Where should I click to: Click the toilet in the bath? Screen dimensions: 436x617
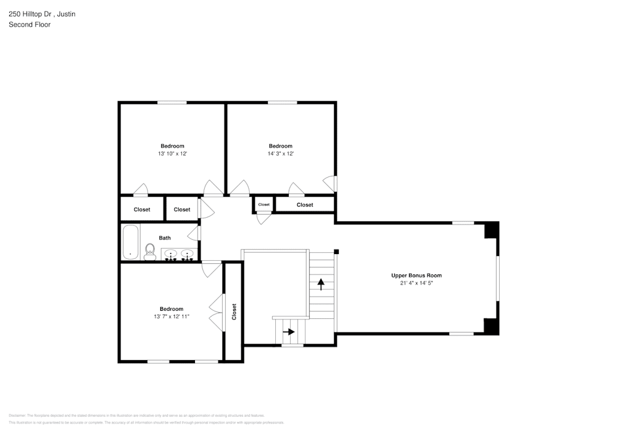149,251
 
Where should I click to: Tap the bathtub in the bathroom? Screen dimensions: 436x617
130,242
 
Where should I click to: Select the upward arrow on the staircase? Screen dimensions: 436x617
321,284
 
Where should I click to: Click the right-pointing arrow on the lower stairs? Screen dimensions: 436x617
288,332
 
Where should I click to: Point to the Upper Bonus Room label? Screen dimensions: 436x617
416,276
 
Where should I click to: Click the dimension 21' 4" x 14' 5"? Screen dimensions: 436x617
416,284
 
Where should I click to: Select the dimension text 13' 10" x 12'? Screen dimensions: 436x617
172,154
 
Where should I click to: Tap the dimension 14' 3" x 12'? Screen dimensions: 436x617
280,154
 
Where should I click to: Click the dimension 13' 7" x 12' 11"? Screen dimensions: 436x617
172,317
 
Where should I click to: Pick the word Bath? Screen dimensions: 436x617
165,238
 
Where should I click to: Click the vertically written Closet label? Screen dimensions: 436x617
234,311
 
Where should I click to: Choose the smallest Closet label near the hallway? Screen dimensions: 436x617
263,204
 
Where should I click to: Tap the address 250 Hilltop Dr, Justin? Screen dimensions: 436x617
42,14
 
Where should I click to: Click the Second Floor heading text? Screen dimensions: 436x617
30,25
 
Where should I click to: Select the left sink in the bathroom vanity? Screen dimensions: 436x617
171,253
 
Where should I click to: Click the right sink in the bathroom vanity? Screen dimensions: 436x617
188,253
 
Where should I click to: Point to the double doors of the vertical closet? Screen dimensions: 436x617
216,311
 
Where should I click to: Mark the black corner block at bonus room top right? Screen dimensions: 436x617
491,230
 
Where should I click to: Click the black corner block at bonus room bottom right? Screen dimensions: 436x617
491,326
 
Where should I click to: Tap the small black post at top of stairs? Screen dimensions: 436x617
336,251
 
